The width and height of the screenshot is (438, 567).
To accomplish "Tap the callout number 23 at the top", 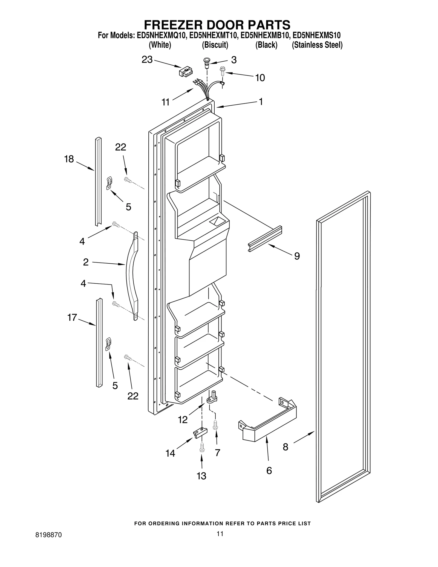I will click(147, 60).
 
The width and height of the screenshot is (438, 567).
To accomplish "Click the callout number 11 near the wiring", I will click(165, 102).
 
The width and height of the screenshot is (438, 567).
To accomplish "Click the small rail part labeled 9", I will click(265, 238).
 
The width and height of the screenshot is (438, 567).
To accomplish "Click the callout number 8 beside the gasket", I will click(285, 447).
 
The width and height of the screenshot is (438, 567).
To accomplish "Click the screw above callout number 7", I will click(215, 424).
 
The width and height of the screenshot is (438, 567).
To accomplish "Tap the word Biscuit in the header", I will click(215, 45).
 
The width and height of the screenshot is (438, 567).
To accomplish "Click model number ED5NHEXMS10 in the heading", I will click(316, 35).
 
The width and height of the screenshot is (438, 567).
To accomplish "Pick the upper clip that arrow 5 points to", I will click(109, 183).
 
